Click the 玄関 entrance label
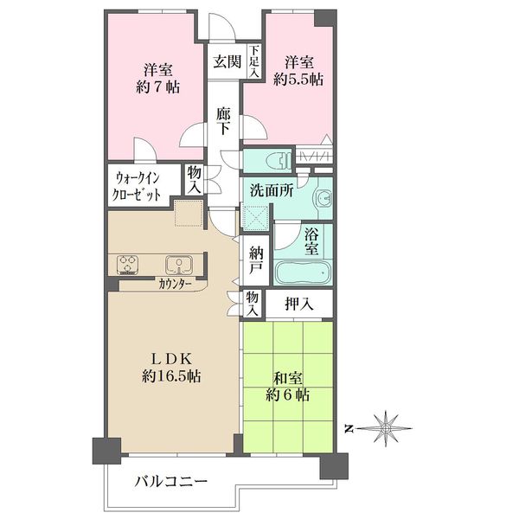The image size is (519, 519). (x=227, y=62)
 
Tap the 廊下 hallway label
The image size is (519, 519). (x=223, y=121)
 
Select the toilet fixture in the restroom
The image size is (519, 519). (x=278, y=161)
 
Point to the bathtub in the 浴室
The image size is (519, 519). (x=303, y=272)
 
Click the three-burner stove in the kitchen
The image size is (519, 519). (x=127, y=265)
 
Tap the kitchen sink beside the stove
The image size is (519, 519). (x=179, y=265)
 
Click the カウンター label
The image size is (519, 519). (x=175, y=284)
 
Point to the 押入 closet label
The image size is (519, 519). (x=299, y=304)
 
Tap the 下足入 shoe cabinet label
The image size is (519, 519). (x=254, y=62)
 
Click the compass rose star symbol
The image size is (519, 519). (x=386, y=428)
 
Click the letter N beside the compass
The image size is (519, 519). (x=348, y=429)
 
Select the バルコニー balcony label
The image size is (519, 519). (x=170, y=481)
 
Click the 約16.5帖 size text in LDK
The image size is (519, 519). (x=171, y=376)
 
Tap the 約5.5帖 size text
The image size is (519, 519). (x=298, y=80)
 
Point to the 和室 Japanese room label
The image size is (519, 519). (x=288, y=378)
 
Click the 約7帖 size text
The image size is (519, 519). (x=158, y=87)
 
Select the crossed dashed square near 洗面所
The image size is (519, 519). (x=255, y=217)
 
